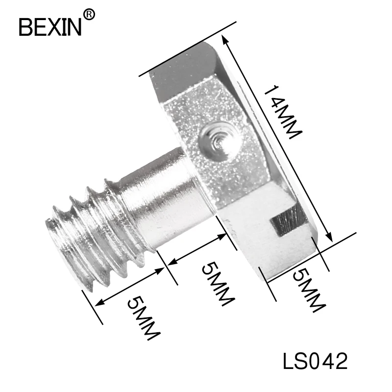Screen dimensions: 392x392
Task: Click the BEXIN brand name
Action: tap(50, 27)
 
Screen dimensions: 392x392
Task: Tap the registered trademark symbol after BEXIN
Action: tap(89, 15)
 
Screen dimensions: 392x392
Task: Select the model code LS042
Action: tap(315, 361)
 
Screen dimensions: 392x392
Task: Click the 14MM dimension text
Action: tap(283, 112)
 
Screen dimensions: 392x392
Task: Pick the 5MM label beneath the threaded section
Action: tap(144, 318)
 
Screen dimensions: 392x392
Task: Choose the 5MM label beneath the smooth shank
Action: tap(218, 284)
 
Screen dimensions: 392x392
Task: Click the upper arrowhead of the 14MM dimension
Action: tap(224, 40)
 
